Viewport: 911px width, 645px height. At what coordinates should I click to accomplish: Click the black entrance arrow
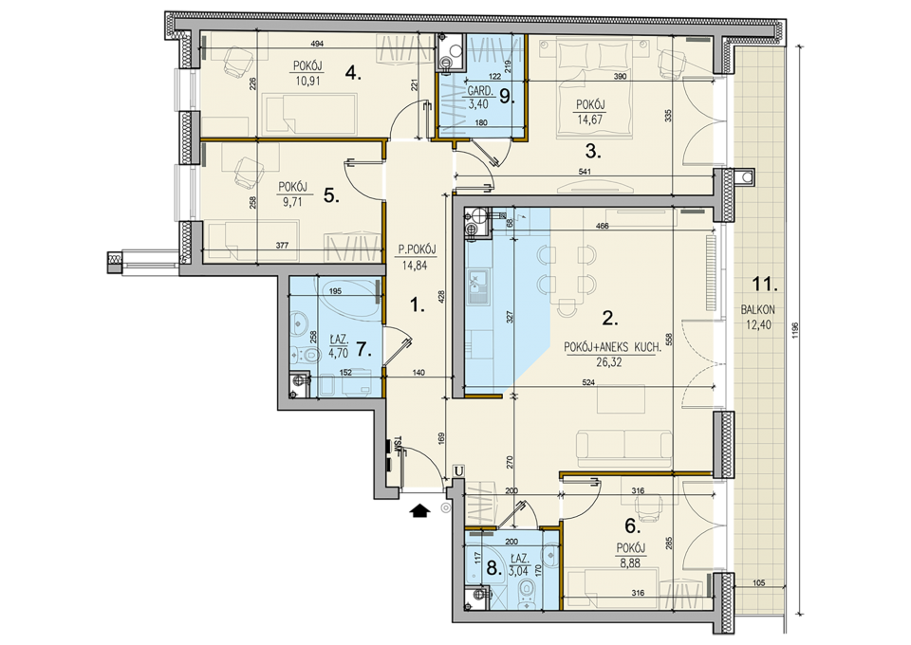coord(419,511)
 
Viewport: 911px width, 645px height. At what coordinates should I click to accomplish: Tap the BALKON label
coord(757,310)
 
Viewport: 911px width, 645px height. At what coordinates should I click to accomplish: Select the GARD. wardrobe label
coord(481,91)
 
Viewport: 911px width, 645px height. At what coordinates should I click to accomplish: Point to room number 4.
coord(353,73)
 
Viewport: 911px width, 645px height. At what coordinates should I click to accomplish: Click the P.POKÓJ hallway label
coord(418,249)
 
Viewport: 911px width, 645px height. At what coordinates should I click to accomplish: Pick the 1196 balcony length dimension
coord(795,330)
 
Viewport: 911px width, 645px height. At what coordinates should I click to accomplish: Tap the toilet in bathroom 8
coord(527,594)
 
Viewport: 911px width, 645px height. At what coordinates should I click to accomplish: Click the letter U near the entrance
coord(459,470)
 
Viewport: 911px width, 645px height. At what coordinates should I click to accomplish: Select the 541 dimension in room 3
coord(585,172)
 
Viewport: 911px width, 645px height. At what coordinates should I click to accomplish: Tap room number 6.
coord(632,526)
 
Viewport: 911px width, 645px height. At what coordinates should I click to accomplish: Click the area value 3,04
coord(519,570)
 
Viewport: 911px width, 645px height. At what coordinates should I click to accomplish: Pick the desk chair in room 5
coord(247,173)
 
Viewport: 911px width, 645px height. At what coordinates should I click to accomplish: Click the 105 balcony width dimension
coord(759,583)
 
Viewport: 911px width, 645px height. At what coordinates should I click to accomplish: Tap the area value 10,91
coord(307,82)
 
